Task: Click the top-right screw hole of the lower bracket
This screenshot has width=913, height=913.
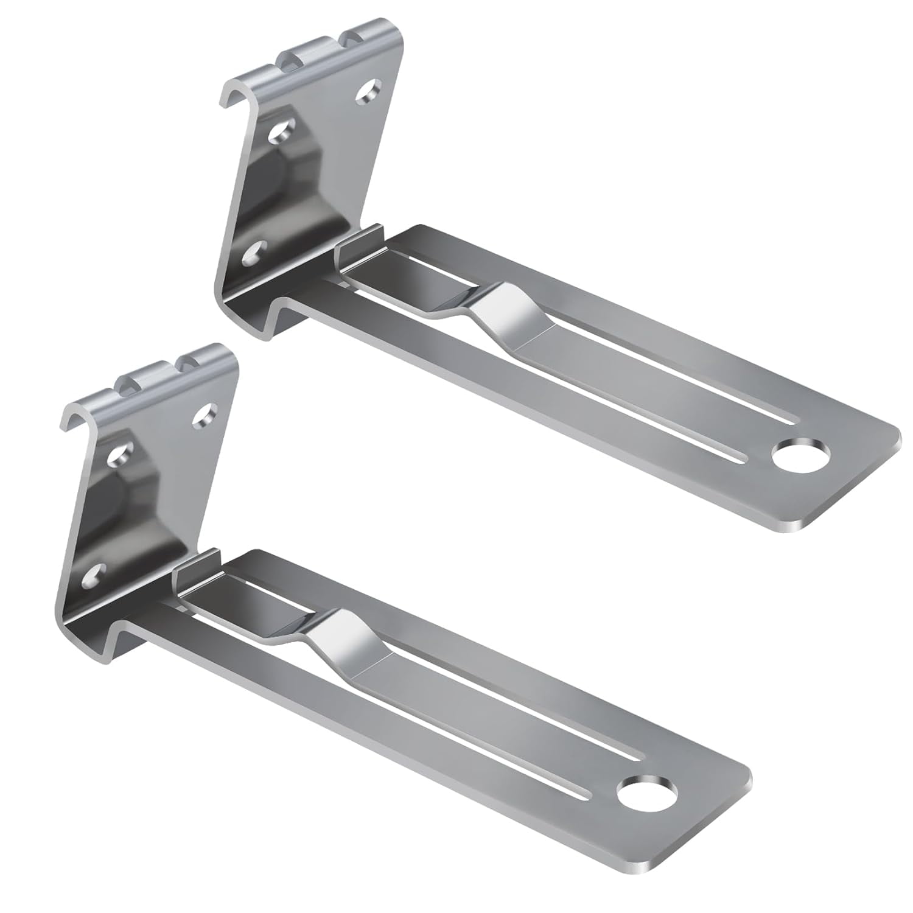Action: (x=203, y=416)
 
